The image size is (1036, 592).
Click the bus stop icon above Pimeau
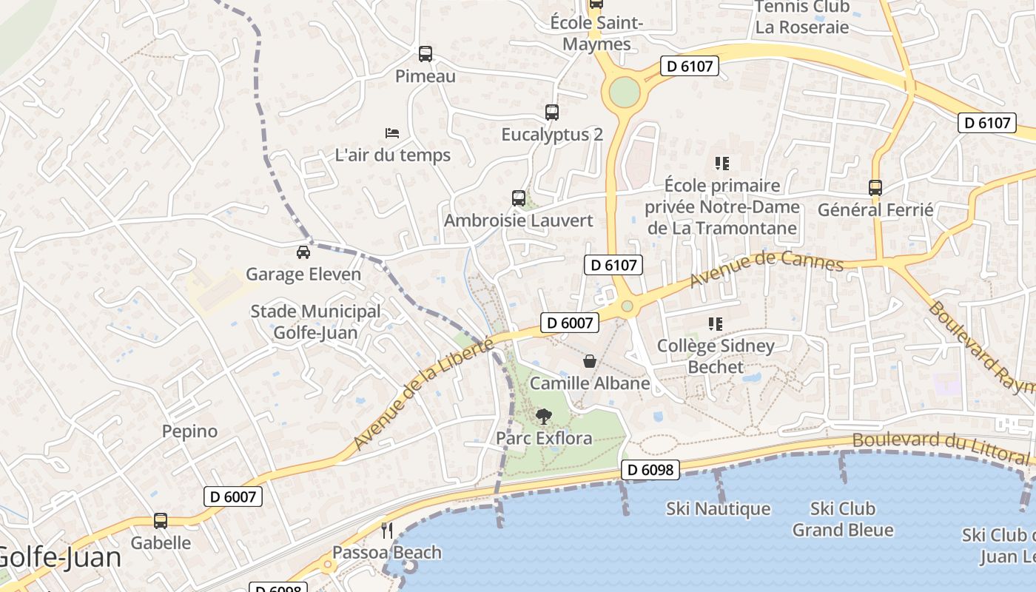(x=425, y=54)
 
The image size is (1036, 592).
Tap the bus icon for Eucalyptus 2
(x=551, y=112)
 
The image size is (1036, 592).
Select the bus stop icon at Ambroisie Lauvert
(x=518, y=198)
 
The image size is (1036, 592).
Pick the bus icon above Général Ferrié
(x=875, y=188)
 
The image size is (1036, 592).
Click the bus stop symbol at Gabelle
(x=161, y=521)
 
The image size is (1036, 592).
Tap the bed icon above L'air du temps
(x=392, y=133)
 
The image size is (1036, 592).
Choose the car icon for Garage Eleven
(x=303, y=252)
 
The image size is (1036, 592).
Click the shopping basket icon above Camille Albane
(x=590, y=361)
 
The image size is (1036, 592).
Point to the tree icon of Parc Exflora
(x=543, y=417)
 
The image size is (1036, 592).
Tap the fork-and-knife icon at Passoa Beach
(x=386, y=530)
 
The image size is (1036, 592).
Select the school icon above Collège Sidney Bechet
(x=715, y=323)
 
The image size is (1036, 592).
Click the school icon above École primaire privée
(x=721, y=164)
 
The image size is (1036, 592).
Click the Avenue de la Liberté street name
(x=423, y=394)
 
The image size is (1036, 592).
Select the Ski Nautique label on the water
(x=718, y=509)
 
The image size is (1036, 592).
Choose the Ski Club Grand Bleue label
(x=843, y=519)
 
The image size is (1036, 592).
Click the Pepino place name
(x=190, y=431)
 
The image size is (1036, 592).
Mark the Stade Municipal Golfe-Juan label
(x=315, y=322)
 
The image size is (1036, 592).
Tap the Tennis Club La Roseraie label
(x=801, y=17)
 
